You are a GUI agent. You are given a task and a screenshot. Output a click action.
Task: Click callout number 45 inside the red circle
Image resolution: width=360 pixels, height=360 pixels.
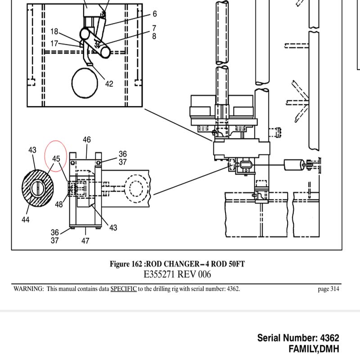pyautogui.click(x=56, y=159)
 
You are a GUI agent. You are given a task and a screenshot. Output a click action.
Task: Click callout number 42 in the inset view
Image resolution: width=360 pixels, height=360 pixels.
pyautogui.click(x=109, y=84)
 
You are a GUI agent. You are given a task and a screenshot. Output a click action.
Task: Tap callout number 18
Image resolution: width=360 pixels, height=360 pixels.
pyautogui.click(x=54, y=31)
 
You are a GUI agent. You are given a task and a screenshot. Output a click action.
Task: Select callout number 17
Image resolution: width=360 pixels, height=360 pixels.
pyautogui.click(x=54, y=43)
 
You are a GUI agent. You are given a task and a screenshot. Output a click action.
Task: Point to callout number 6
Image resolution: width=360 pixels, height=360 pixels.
pyautogui.click(x=155, y=14)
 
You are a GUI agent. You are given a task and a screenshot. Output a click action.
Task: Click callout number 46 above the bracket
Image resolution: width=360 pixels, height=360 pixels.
pyautogui.click(x=87, y=139)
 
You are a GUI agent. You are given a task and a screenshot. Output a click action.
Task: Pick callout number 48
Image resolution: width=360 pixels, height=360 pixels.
pyautogui.click(x=59, y=204)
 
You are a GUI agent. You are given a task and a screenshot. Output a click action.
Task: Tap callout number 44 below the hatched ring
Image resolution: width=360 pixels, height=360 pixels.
pyautogui.click(x=26, y=220)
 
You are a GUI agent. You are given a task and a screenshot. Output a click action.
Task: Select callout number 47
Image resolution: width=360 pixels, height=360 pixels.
pyautogui.click(x=85, y=241)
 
